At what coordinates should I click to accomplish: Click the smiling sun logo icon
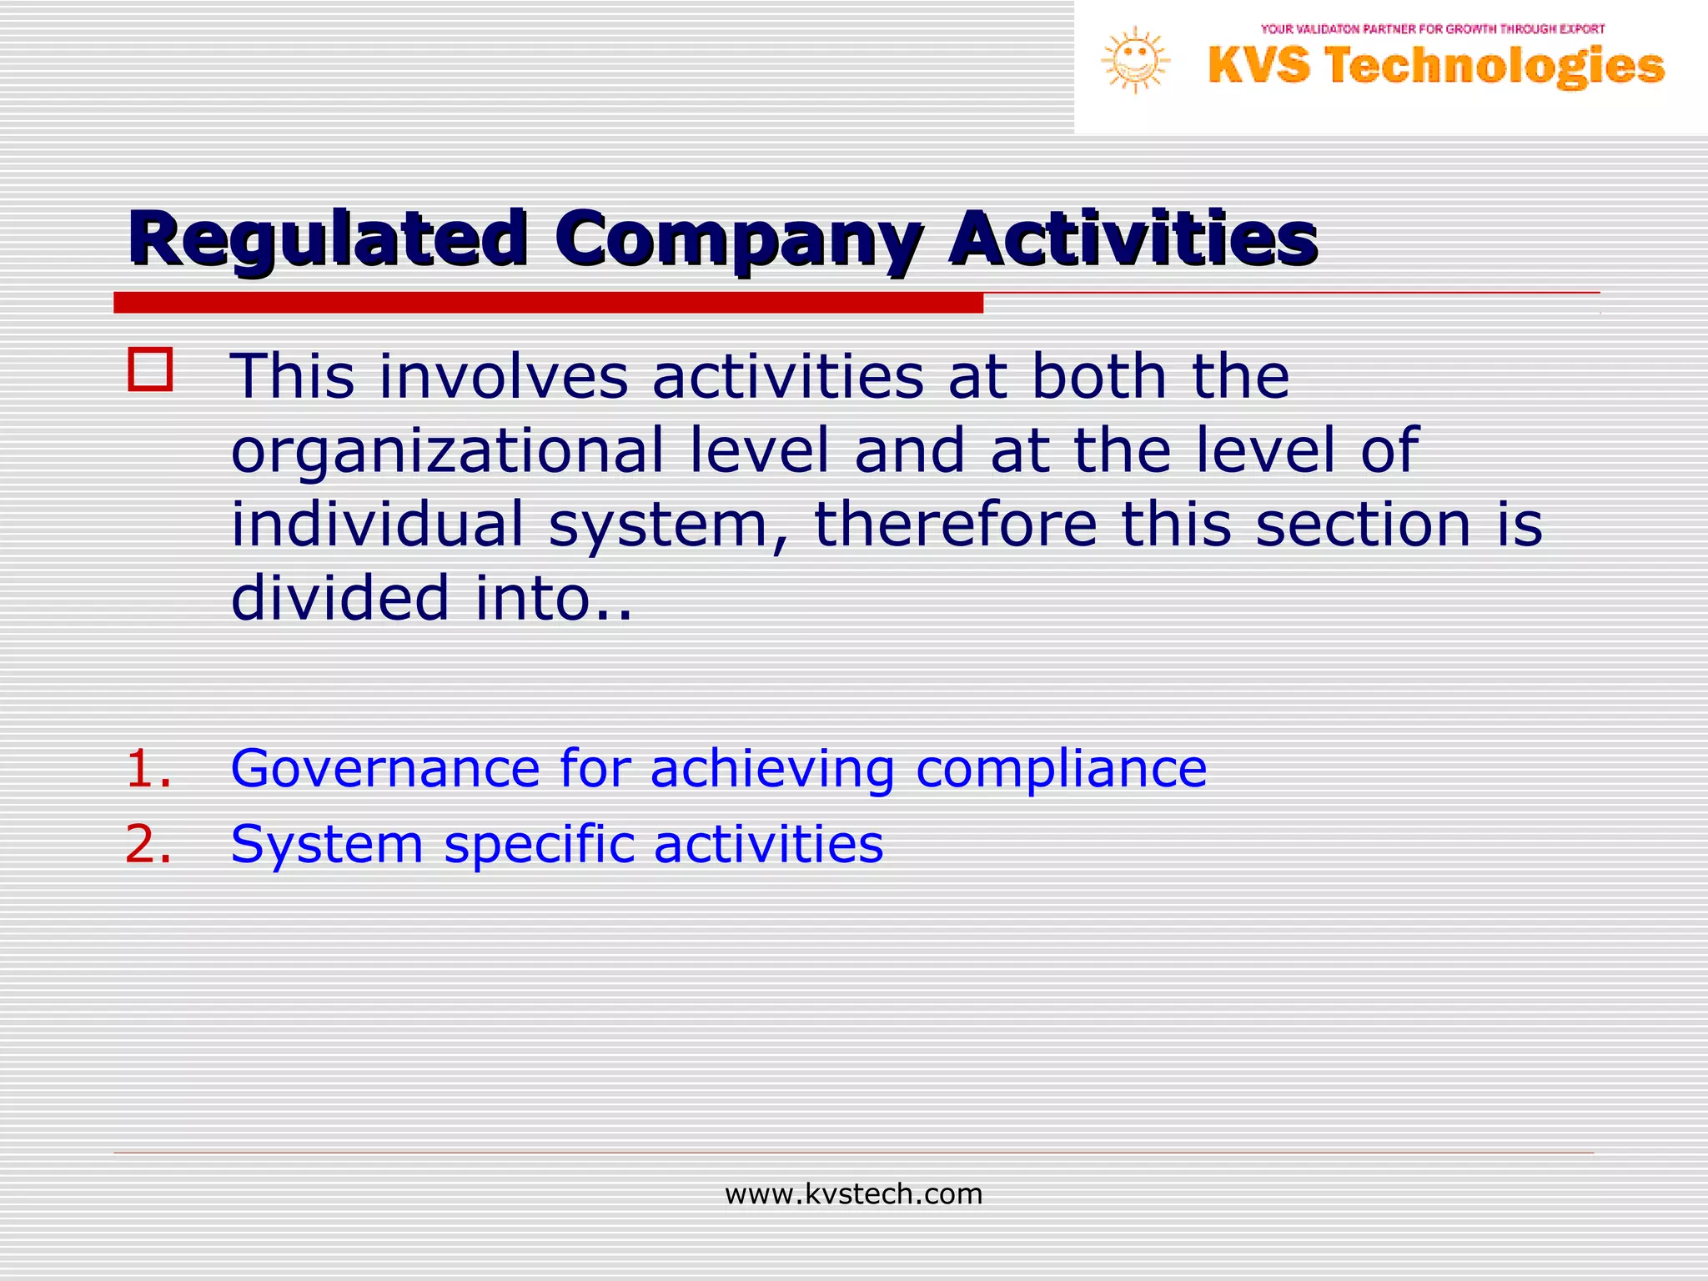pos(1135,60)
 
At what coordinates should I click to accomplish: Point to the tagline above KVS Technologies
pos(1433,29)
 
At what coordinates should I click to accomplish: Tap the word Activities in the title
pos(1133,239)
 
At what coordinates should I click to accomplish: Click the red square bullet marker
pos(151,369)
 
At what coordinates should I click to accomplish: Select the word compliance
pos(1061,770)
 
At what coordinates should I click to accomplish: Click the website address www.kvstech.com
pos(853,1194)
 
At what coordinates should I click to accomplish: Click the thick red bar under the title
pos(548,303)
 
